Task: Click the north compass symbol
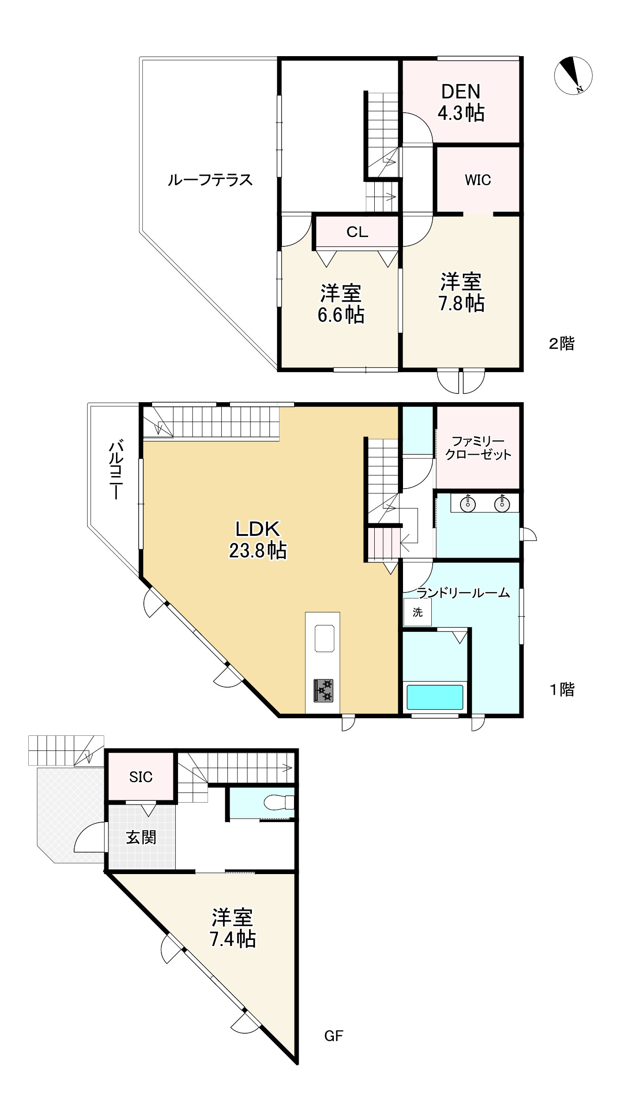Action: click(x=573, y=76)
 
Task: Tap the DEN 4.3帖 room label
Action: click(x=461, y=102)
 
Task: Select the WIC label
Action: click(x=478, y=180)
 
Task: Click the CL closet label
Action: click(x=357, y=232)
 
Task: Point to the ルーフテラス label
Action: click(x=210, y=180)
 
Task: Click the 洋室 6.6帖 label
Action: click(x=341, y=304)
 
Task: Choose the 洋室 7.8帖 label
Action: click(x=461, y=292)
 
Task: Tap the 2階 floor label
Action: click(x=562, y=344)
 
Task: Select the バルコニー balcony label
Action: click(x=116, y=471)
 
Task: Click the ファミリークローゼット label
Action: click(x=478, y=448)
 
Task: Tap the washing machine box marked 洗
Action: click(x=417, y=612)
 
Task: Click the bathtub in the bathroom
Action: click(x=435, y=697)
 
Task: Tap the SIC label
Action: click(x=141, y=777)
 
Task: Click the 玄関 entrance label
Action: click(x=141, y=837)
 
